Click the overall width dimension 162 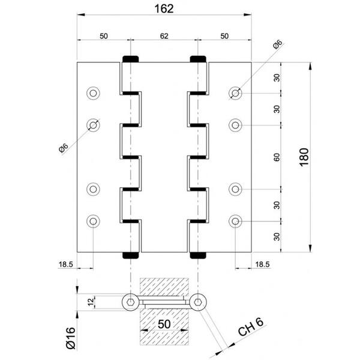point(164,9)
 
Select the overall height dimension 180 point(304,157)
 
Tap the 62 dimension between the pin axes point(164,36)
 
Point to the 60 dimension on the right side point(277,157)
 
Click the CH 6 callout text point(251,327)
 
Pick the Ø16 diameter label point(70,338)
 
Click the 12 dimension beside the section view point(91,302)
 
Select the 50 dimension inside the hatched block point(164,324)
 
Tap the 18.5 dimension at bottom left point(65,265)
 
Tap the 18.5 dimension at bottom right point(262,265)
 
